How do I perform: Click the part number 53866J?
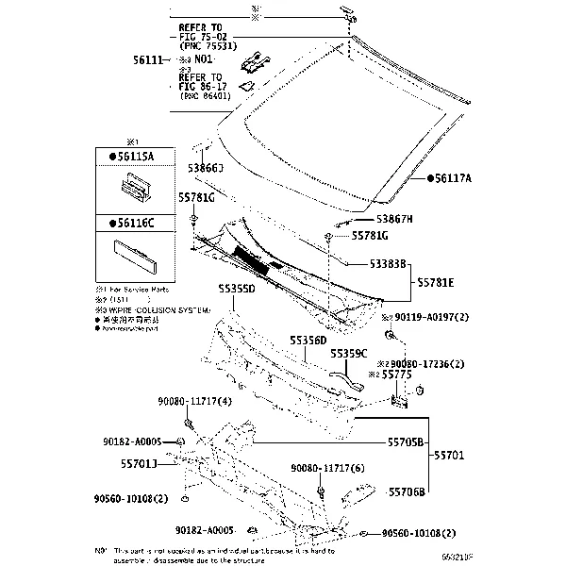[x=205, y=167]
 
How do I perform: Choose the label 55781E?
[x=436, y=282]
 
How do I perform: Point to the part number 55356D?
[x=308, y=340]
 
